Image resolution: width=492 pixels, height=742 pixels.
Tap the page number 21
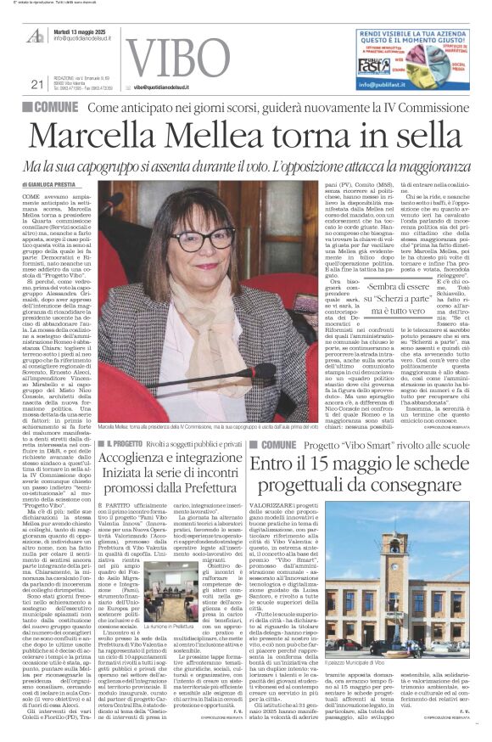click(x=36, y=83)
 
